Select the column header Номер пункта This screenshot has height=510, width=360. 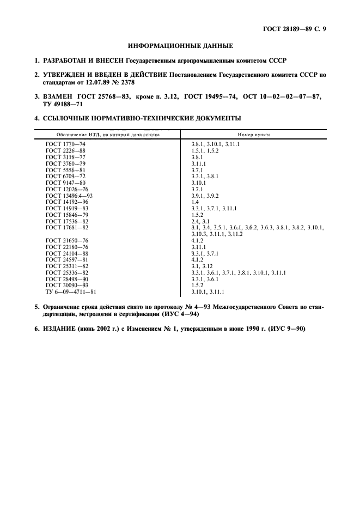tap(254, 134)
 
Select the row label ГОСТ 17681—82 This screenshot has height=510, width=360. tap(67, 227)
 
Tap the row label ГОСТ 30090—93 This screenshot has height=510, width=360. tap(67, 284)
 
